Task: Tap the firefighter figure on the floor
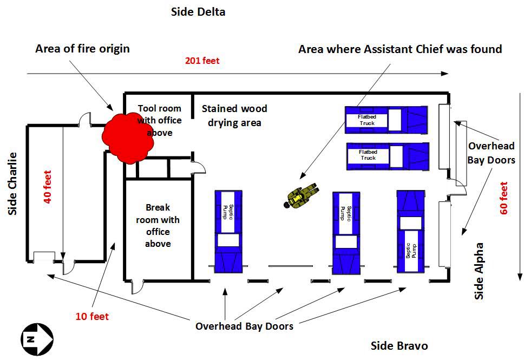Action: coord(299,197)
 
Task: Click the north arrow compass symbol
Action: coord(36,339)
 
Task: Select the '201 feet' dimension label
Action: coord(202,61)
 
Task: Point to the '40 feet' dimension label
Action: coord(48,187)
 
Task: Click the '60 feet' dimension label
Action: coord(504,197)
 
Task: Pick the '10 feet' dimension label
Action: coord(93,317)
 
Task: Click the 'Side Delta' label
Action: coord(198,11)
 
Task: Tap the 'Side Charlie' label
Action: coord(12,184)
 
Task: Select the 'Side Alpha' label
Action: coord(479,271)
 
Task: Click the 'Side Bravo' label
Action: coord(399,346)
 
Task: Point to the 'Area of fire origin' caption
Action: coord(82,49)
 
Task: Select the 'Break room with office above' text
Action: coord(158,225)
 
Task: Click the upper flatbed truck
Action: coord(387,120)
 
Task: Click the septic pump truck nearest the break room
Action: coord(228,230)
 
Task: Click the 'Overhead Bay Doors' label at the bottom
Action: coord(244,326)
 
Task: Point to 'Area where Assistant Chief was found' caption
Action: coord(400,49)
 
